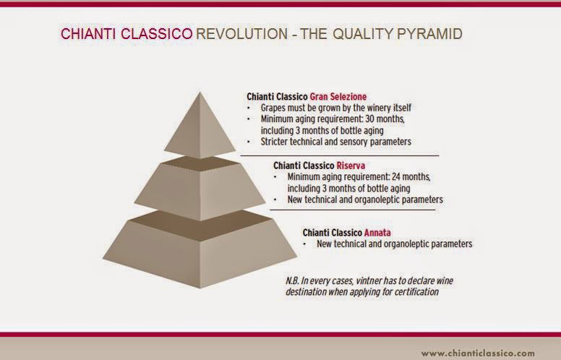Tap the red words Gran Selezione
(x=339, y=96)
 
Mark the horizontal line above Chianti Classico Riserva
(x=339, y=155)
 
